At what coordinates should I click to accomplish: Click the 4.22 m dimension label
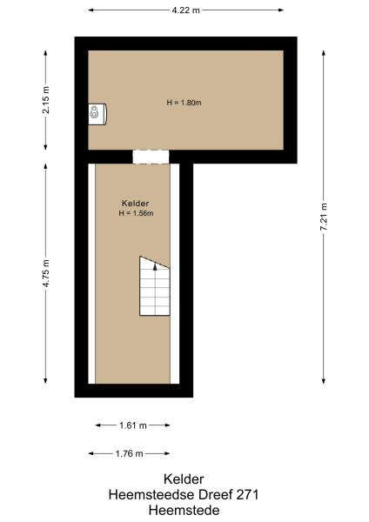tap(185, 10)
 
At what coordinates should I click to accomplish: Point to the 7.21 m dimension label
tap(324, 215)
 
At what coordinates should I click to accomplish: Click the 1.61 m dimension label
tap(132, 425)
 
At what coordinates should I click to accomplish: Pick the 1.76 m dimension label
tap(128, 453)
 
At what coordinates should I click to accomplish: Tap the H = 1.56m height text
tap(137, 213)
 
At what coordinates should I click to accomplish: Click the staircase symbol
tap(155, 286)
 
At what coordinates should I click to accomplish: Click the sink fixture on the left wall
tap(96, 113)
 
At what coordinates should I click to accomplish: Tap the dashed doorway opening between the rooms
tap(150, 157)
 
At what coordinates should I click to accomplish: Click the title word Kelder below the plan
tap(184, 479)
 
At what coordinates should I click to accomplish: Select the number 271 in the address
tap(245, 494)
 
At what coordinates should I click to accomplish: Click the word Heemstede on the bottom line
tap(184, 509)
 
